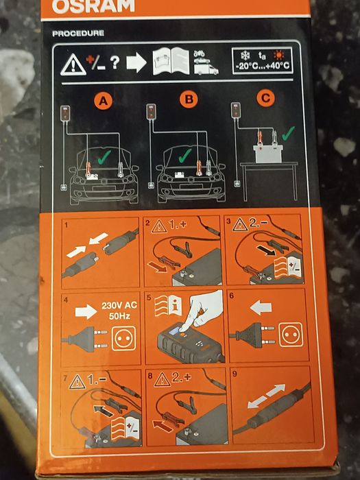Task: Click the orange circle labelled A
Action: click(x=104, y=101)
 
